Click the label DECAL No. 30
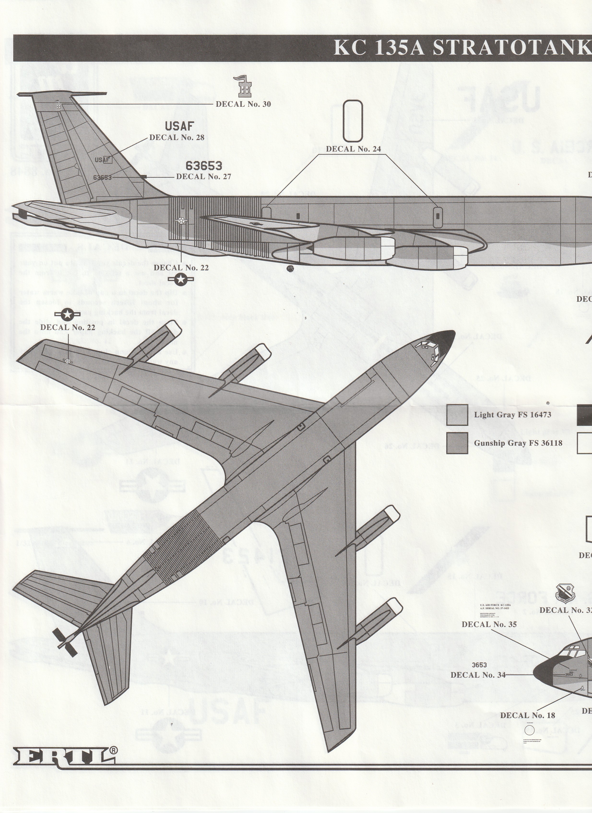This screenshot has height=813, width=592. pyautogui.click(x=243, y=104)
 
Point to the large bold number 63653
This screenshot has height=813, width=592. pyautogui.click(x=204, y=166)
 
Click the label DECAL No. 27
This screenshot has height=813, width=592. pyautogui.click(x=204, y=176)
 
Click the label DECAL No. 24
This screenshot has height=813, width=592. pyautogui.click(x=353, y=149)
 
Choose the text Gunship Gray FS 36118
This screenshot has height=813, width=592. pyautogui.click(x=518, y=443)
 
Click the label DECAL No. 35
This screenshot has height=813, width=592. pyautogui.click(x=489, y=624)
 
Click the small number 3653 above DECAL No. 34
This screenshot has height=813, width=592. pyautogui.click(x=480, y=665)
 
